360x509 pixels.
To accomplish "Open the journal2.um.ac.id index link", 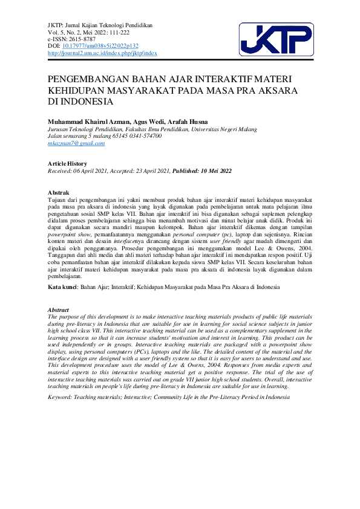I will (102, 53).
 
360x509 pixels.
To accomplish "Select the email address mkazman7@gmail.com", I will (71, 143).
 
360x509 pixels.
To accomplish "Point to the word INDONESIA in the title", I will (85, 101).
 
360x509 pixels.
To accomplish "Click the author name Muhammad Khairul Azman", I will (87, 122).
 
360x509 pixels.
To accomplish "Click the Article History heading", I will (67, 164).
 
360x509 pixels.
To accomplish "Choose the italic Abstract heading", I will (58, 309).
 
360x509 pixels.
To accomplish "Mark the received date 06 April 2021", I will (92, 171).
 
